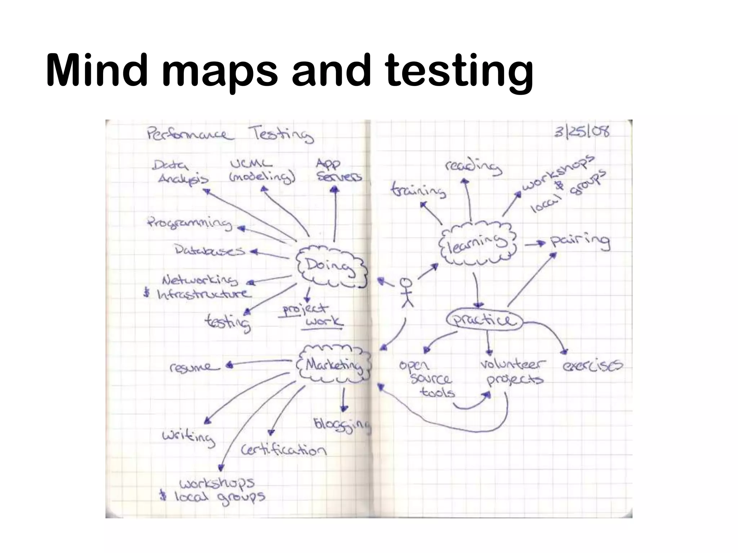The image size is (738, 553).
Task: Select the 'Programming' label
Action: coord(190,224)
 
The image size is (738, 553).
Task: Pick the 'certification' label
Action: coord(284,450)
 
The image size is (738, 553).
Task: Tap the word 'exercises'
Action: coord(592,366)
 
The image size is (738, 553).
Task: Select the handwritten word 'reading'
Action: coord(473,167)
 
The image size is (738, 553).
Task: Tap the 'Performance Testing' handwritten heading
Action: coord(230,135)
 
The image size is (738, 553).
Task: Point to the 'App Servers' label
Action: coord(338,170)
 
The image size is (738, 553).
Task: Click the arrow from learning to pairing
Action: coord(535,244)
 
